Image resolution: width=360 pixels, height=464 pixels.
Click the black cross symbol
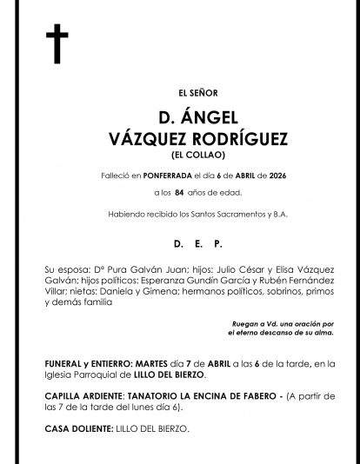tap(57, 44)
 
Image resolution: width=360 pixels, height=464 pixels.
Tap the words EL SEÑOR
tap(197, 93)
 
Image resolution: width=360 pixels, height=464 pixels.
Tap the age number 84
tap(180, 192)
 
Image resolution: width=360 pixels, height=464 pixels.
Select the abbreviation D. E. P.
tap(197, 244)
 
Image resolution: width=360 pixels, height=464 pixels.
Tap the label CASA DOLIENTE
tap(77, 428)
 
